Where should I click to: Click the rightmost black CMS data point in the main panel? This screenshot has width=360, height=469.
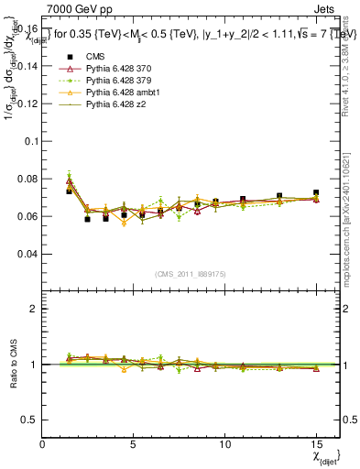tap(316, 193)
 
